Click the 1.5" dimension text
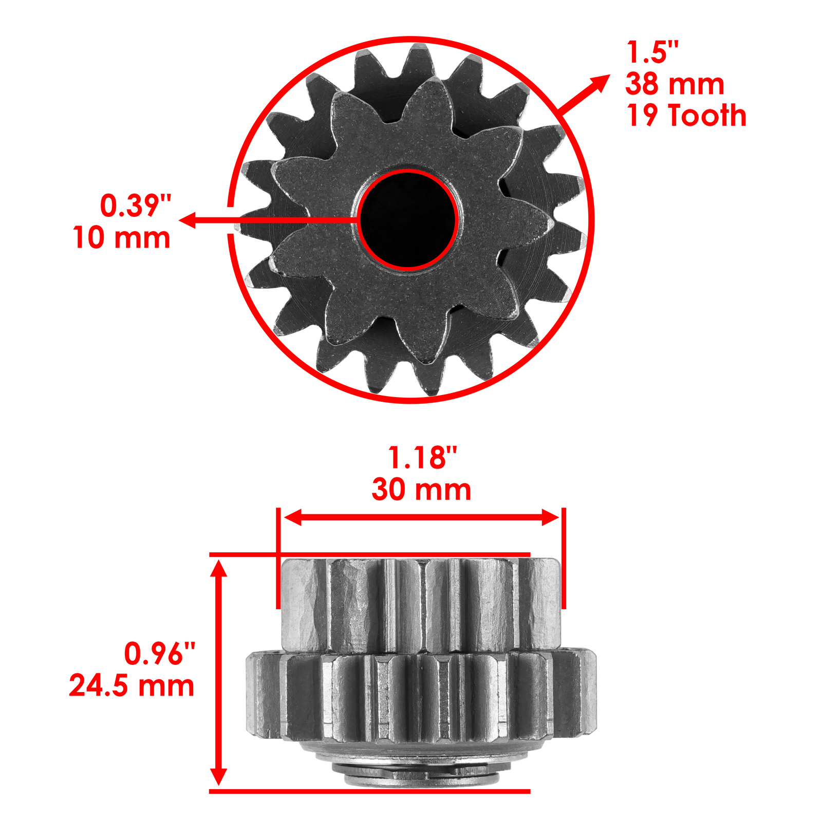[x=652, y=52]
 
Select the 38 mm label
[x=674, y=84]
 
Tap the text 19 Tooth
[x=686, y=116]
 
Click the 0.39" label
[x=135, y=206]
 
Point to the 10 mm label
[x=121, y=238]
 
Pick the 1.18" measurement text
[x=422, y=457]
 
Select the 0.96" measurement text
[x=159, y=653]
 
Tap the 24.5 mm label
[x=132, y=686]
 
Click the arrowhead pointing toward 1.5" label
[x=599, y=83]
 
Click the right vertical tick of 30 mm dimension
[x=564, y=557]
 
